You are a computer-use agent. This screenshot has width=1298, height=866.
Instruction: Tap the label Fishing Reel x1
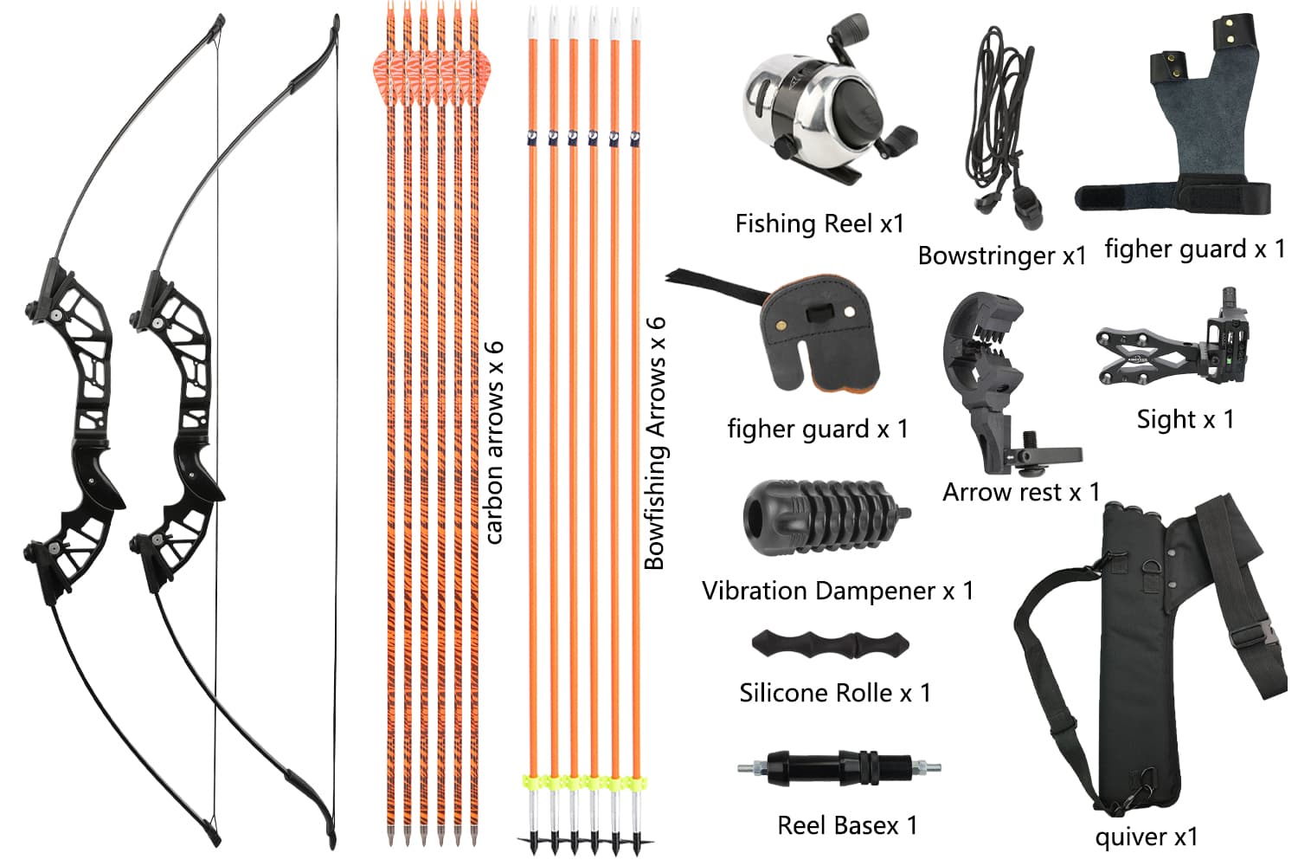(x=819, y=224)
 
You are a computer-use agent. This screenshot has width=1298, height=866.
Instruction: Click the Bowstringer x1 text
(x=1001, y=256)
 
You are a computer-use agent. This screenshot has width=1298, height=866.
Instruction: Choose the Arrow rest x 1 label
(x=1020, y=493)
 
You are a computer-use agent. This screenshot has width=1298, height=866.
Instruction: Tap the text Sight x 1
(x=1185, y=420)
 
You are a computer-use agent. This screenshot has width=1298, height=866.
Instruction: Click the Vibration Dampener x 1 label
(x=837, y=591)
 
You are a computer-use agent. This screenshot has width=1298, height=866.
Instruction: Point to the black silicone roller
(x=830, y=644)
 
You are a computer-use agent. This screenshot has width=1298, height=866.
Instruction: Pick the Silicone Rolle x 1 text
(x=834, y=694)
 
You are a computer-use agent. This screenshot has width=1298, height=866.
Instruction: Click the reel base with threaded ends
(x=838, y=767)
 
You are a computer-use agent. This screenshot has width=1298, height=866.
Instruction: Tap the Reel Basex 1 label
(x=846, y=826)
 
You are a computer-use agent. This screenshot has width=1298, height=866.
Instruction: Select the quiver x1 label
(x=1146, y=837)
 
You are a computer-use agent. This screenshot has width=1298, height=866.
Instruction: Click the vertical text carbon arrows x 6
(x=493, y=442)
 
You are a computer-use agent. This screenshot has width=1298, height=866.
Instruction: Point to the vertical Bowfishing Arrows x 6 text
(x=655, y=442)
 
